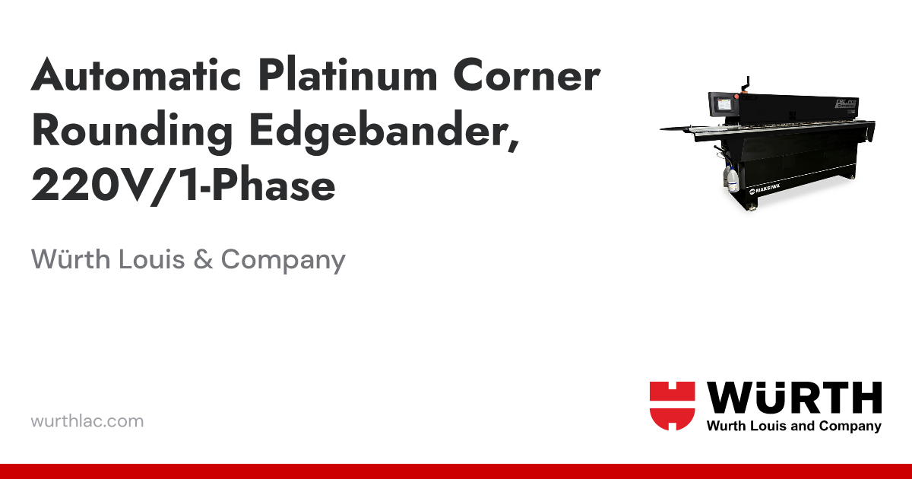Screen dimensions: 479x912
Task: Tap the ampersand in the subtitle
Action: coord(202,260)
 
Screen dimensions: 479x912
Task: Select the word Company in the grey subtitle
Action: coord(283,260)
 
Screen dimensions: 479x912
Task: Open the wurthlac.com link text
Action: coord(87,420)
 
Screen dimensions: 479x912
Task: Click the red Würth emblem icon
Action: coord(672,406)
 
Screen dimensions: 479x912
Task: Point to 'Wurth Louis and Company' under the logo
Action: coord(793,427)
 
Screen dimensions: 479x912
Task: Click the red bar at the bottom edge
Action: coord(456,471)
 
